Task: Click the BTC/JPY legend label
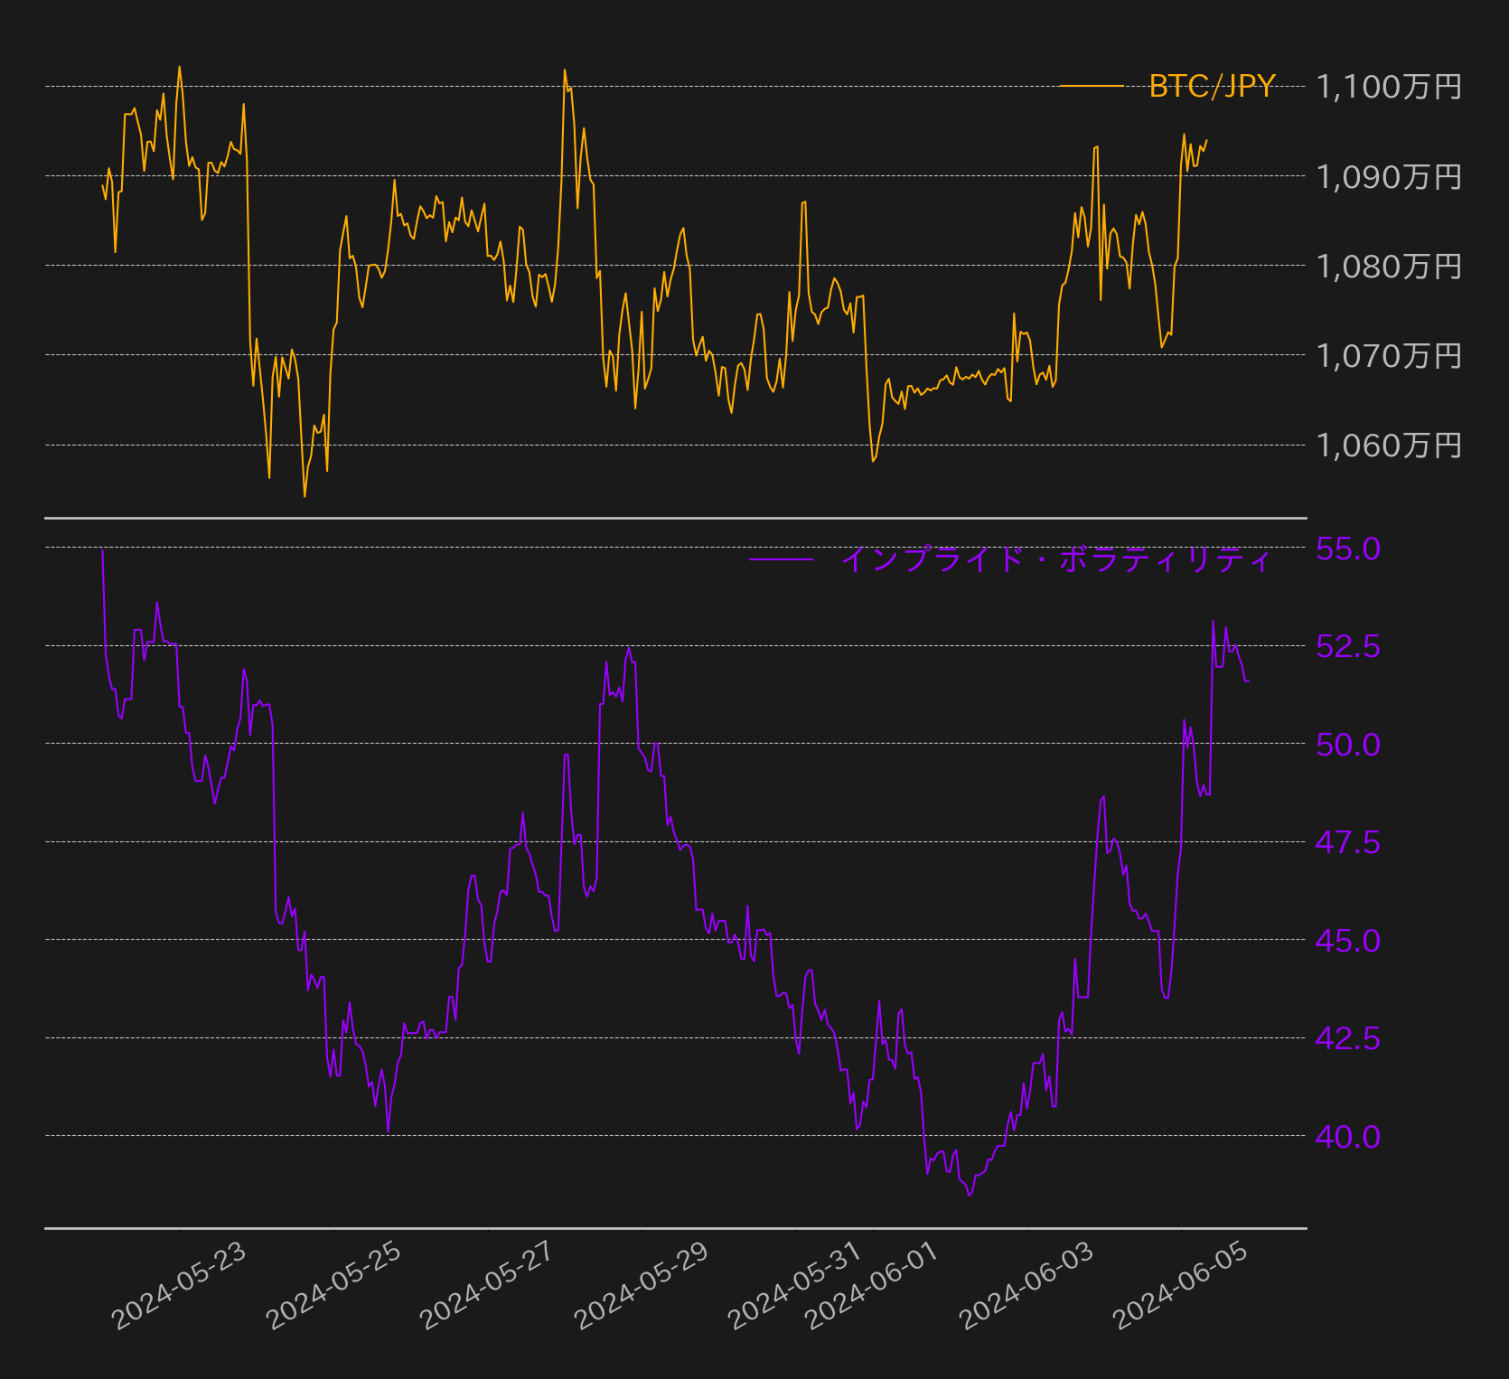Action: click(x=1212, y=86)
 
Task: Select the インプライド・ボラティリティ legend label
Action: click(x=1055, y=559)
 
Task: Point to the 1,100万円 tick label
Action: click(x=1389, y=87)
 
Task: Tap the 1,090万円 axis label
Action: click(x=1389, y=176)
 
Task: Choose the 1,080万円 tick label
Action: click(x=1389, y=266)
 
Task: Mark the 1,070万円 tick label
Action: click(x=1389, y=355)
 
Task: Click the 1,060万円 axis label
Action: click(x=1389, y=445)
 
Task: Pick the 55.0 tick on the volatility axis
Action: click(x=1347, y=548)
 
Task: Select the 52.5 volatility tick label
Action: click(x=1347, y=646)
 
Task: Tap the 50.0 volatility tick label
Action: click(x=1347, y=744)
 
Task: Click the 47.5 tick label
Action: click(x=1347, y=842)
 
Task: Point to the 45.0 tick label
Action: click(x=1347, y=940)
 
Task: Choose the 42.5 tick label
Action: click(x=1347, y=1038)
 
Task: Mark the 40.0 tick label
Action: click(x=1347, y=1136)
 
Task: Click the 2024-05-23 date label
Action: click(x=179, y=1285)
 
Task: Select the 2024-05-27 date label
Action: click(x=488, y=1285)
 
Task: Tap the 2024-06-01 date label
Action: click(x=873, y=1285)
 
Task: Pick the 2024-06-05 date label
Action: click(x=1181, y=1285)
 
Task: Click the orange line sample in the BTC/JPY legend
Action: click(x=1091, y=86)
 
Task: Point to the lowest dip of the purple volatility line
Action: click(x=970, y=1196)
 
